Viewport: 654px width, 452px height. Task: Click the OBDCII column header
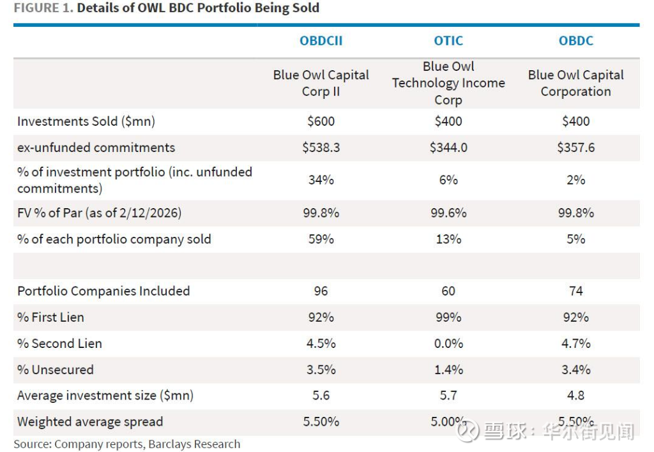tap(321, 41)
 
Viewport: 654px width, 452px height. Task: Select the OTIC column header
tap(448, 41)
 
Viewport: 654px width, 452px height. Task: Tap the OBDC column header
tap(575, 41)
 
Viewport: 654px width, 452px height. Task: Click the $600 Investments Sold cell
tap(321, 121)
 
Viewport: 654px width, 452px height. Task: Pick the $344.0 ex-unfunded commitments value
tap(448, 147)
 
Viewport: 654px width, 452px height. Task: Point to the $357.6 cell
tap(575, 147)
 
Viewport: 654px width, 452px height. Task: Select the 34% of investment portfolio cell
tap(321, 180)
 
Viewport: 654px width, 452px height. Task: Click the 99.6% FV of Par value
tap(448, 213)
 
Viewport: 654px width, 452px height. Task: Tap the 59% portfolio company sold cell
tap(321, 239)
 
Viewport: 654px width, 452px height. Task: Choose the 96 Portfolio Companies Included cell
tap(321, 291)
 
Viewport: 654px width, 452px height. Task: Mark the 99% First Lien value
tap(448, 317)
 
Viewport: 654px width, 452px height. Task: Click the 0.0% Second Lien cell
tap(448, 343)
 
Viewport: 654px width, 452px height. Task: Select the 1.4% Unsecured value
tap(448, 370)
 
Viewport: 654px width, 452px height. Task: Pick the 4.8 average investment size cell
tap(575, 396)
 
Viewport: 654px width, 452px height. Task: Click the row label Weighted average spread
tap(90, 422)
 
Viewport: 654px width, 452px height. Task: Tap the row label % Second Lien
tap(59, 343)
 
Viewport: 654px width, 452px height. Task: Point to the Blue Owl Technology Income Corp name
tap(448, 83)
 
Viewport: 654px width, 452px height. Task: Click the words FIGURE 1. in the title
tap(42, 8)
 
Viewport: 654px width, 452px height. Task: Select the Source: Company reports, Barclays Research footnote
tap(127, 444)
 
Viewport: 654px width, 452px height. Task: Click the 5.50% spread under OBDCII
tap(321, 422)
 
